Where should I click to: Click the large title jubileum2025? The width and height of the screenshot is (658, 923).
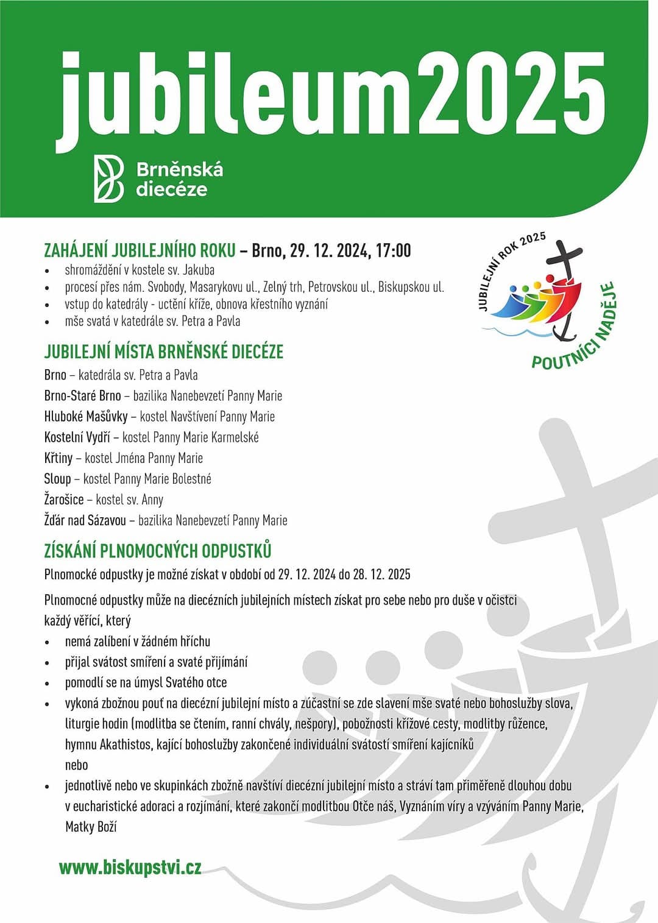(332, 94)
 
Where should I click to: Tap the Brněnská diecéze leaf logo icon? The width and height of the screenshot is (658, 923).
(108, 179)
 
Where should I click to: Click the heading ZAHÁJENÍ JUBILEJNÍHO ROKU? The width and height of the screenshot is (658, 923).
(140, 250)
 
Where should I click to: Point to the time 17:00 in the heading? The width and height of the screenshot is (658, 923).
(393, 250)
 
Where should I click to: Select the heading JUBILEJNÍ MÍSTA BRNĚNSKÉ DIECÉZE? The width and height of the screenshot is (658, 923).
(163, 352)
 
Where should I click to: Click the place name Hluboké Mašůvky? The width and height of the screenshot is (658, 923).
(86, 417)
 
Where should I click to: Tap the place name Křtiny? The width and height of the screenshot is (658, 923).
(58, 458)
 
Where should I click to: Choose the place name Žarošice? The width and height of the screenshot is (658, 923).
(64, 500)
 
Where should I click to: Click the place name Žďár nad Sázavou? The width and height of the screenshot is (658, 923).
(85, 520)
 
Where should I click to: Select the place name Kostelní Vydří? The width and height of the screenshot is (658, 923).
(77, 437)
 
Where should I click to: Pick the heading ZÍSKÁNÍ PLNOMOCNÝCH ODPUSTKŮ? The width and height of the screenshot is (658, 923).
(158, 551)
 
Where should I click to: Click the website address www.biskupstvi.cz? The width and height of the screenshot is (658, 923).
(130, 868)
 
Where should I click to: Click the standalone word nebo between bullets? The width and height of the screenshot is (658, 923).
(77, 765)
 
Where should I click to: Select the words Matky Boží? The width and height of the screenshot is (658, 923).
(91, 827)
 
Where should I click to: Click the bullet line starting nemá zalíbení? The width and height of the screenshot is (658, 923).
(138, 642)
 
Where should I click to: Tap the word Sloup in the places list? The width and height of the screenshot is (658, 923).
(57, 479)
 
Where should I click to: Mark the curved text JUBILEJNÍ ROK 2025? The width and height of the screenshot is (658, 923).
(509, 268)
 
